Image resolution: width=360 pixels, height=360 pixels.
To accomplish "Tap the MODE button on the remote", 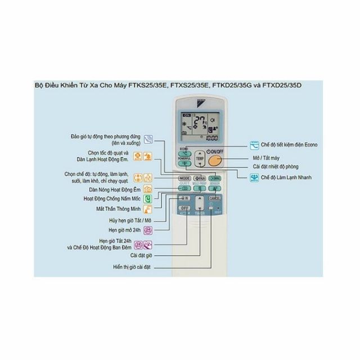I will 184,178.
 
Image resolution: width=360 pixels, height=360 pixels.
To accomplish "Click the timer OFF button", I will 184,209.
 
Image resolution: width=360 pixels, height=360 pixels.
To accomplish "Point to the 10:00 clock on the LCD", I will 213,137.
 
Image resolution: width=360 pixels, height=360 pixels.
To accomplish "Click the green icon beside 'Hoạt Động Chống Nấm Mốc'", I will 148,199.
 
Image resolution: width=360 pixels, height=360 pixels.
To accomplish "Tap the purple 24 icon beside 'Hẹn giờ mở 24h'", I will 148,230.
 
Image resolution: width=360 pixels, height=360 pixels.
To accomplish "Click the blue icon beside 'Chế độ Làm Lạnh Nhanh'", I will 253,177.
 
